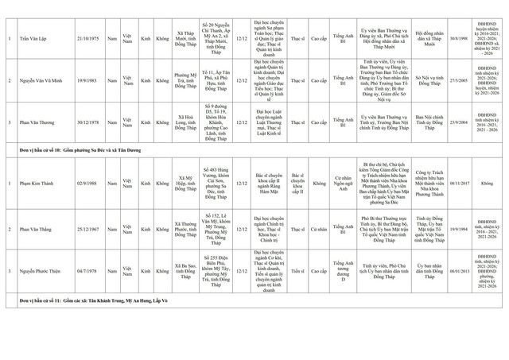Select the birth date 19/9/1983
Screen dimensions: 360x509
click(87, 81)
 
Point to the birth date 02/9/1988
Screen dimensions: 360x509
click(87, 183)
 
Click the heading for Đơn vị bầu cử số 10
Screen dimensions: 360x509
click(80, 149)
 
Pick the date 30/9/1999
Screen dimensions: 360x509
click(459, 38)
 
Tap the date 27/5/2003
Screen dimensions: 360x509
click(459, 81)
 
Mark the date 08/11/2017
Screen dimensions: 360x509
click(459, 183)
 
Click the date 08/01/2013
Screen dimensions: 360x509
click(459, 270)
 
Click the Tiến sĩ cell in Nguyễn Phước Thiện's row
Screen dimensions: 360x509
click(297, 270)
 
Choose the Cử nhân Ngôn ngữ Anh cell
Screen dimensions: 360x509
click(343, 183)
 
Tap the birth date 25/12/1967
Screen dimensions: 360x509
click(87, 229)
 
